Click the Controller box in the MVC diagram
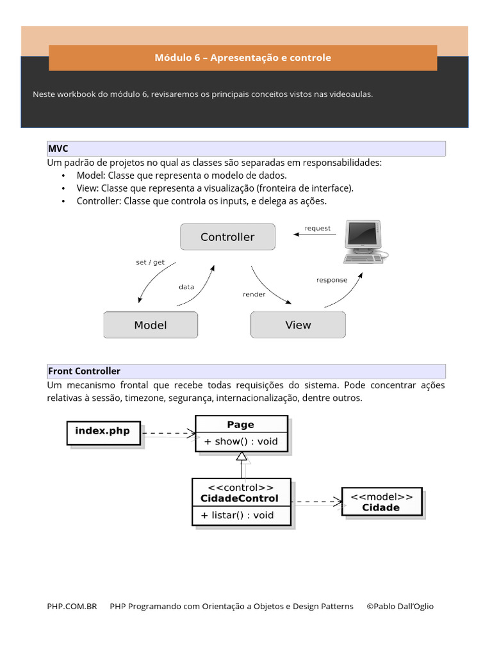point(227,237)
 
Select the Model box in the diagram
point(151,325)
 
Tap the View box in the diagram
point(298,325)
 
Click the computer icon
point(363,242)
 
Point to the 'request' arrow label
point(318,228)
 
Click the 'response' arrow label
point(332,280)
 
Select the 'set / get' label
point(150,262)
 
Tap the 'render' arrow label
point(254,295)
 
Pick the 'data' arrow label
point(186,287)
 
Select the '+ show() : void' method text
point(241,442)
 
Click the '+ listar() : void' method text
point(237,515)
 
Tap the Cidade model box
point(381,502)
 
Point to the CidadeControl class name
point(240,498)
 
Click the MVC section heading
point(58,149)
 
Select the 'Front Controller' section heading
point(85,371)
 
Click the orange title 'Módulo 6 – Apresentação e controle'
point(243,58)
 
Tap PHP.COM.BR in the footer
point(72,606)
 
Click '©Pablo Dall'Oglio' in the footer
point(400,606)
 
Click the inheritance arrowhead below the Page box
point(242,457)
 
